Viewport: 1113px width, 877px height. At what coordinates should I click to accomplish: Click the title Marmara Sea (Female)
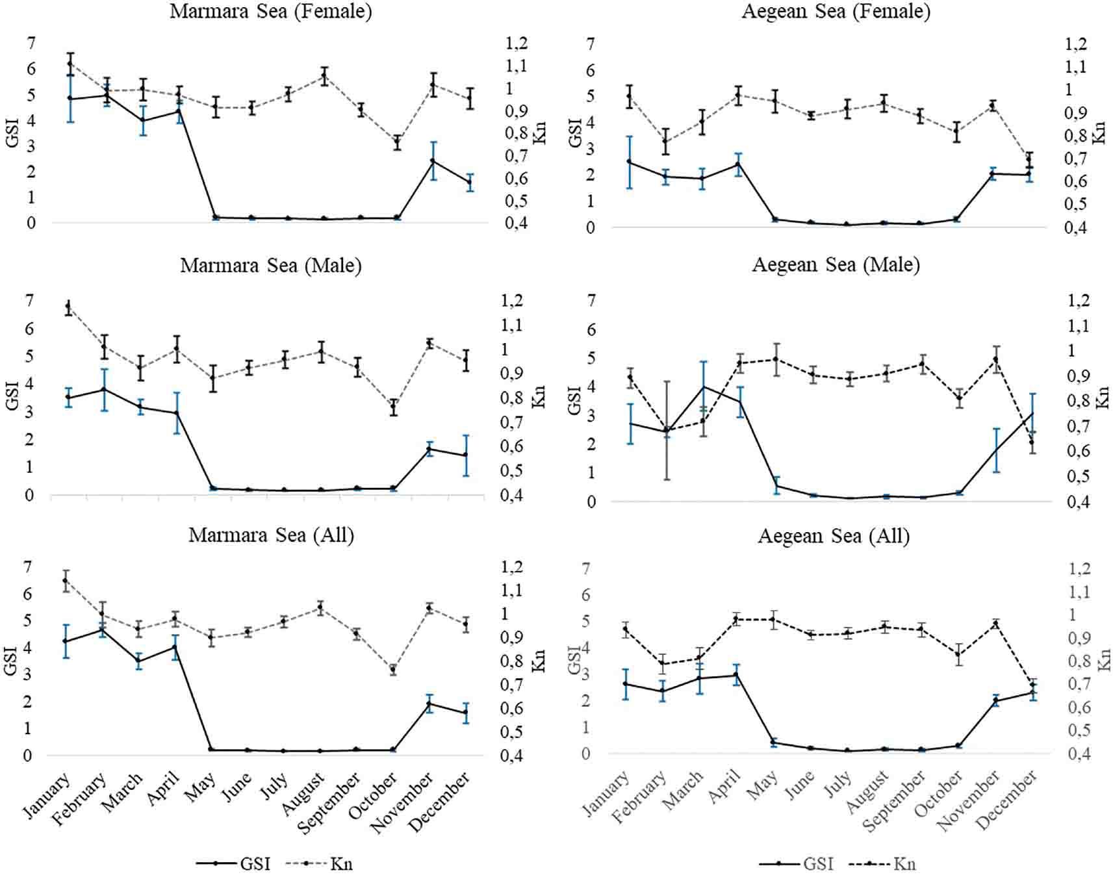point(270,12)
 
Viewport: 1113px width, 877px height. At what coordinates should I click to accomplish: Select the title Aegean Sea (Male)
point(836,265)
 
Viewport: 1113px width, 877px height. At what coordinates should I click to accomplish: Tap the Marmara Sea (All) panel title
point(271,535)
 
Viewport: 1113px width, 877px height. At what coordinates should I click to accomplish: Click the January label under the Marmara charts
point(47,796)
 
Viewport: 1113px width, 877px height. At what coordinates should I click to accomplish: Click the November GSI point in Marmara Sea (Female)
point(432,161)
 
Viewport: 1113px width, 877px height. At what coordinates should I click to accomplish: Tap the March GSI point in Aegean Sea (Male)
point(703,387)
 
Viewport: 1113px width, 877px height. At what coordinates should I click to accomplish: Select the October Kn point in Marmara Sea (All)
point(392,670)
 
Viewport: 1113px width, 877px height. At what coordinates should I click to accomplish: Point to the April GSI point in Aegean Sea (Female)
point(738,164)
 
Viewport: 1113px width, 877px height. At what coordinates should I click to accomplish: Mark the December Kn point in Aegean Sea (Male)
point(1031,442)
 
